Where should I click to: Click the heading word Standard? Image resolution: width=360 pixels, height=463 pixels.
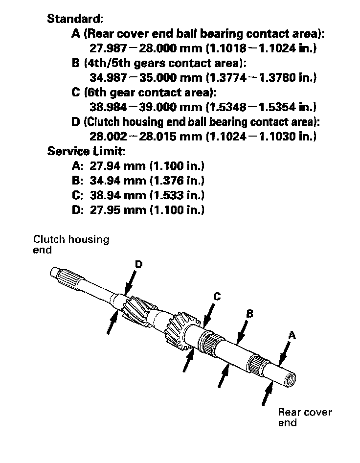pyautogui.click(x=74, y=19)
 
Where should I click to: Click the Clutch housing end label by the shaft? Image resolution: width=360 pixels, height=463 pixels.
pyautogui.click(x=71, y=244)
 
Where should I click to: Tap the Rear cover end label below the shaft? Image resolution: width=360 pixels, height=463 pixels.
pyautogui.click(x=305, y=417)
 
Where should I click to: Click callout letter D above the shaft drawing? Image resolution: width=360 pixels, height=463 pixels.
pyautogui.click(x=138, y=264)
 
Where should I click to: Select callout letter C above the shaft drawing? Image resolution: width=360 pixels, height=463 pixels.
pyautogui.click(x=217, y=296)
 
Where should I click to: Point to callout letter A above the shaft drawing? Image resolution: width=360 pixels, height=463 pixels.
pyautogui.click(x=292, y=335)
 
